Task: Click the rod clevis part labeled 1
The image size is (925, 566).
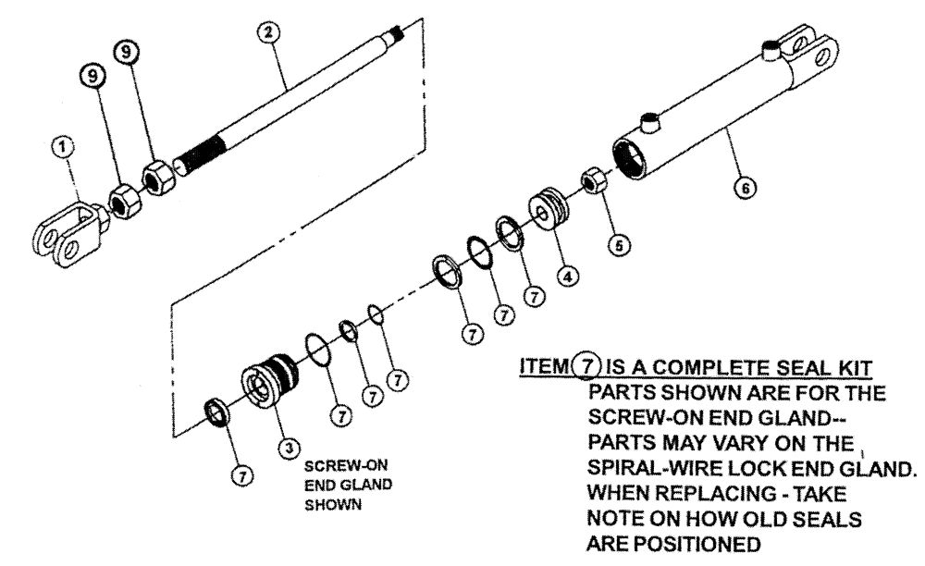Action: point(68,230)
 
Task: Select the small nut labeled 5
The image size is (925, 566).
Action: point(592,178)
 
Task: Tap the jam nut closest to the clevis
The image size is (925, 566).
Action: point(121,198)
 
